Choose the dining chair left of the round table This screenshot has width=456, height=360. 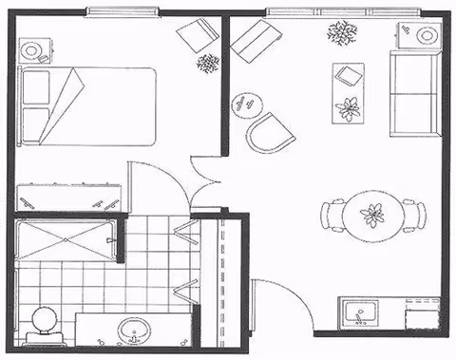pyautogui.click(x=332, y=215)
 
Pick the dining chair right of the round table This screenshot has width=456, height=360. pyautogui.click(x=410, y=215)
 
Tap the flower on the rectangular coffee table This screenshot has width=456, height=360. pyautogui.click(x=349, y=106)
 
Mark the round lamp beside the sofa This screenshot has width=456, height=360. pyautogui.click(x=427, y=36)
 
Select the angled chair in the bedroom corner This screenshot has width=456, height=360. pyautogui.click(x=198, y=38)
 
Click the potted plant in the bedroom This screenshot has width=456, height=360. pyautogui.click(x=207, y=64)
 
